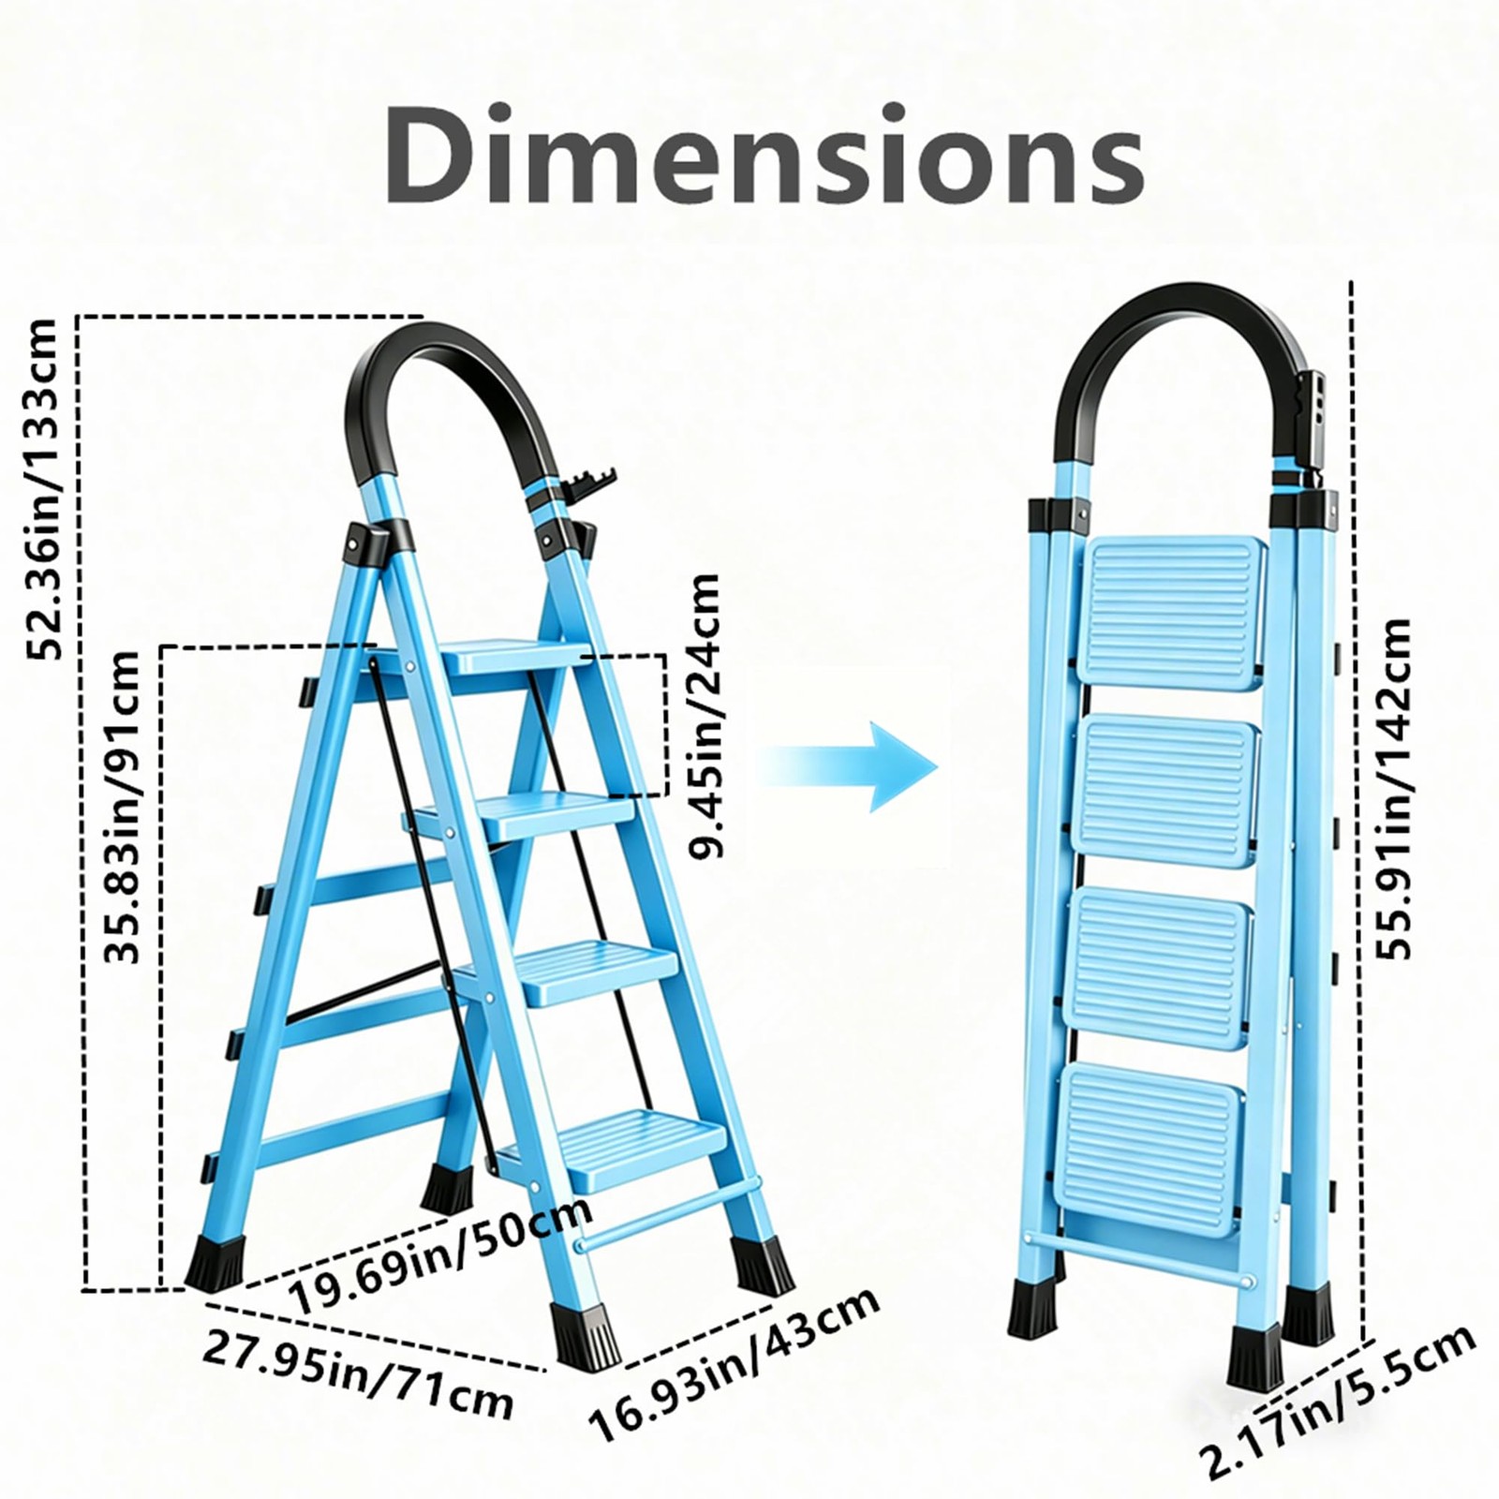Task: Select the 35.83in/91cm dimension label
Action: coord(122,806)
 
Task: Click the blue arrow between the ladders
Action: coord(848,766)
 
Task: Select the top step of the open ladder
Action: coord(514,655)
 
